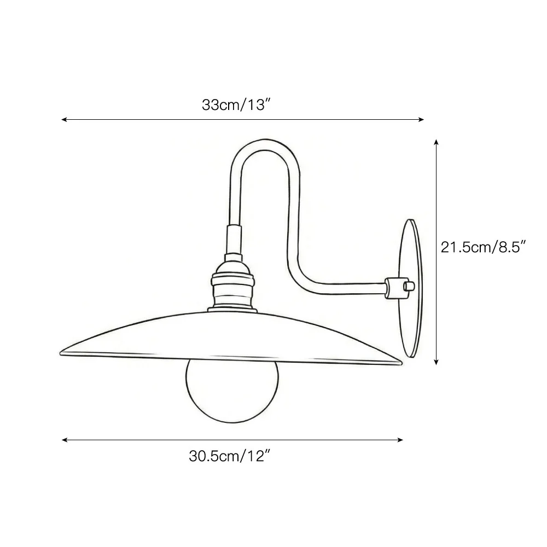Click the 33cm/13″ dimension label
click(x=236, y=104)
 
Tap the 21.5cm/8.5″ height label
click(x=483, y=247)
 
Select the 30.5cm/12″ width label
click(x=230, y=456)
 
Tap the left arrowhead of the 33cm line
click(x=63, y=120)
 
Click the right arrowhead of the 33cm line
click(x=421, y=120)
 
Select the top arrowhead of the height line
click(x=436, y=142)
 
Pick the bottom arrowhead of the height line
click(x=436, y=363)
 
